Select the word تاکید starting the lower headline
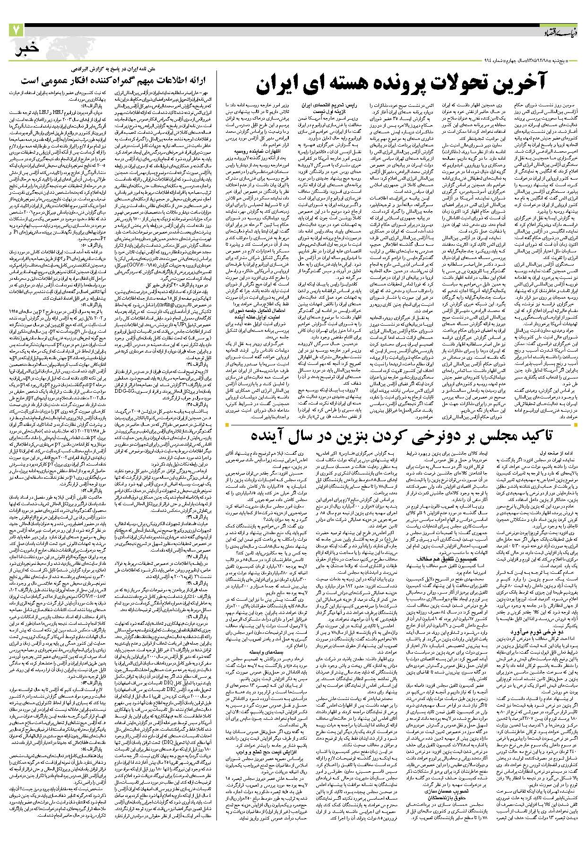coord(549,435)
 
